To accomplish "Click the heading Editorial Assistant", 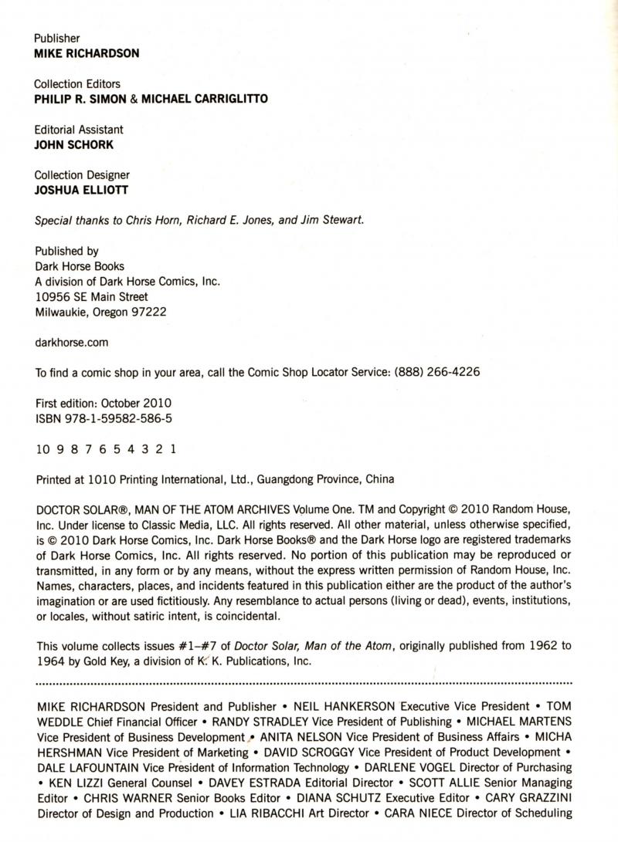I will pos(80,130).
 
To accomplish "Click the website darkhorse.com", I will pos(72,342).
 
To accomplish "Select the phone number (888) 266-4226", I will pos(437,372).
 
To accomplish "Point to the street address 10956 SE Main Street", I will pos(92,296).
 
